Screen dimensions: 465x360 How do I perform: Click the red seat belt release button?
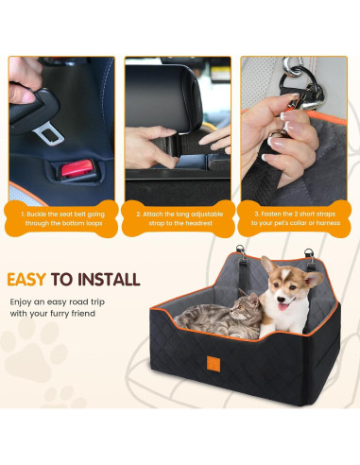point(77,171)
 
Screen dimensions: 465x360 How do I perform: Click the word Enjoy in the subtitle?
point(21,300)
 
